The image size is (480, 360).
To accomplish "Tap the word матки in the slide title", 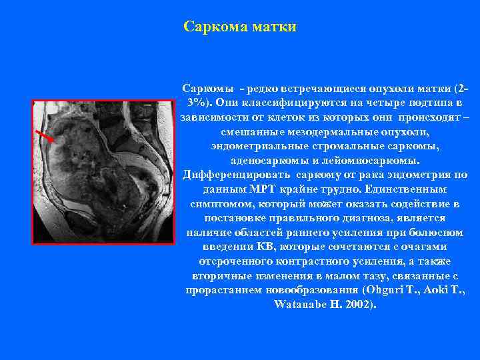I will [275, 27].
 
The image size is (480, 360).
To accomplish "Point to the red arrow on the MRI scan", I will [45, 135].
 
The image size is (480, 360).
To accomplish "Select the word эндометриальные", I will [258, 146].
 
